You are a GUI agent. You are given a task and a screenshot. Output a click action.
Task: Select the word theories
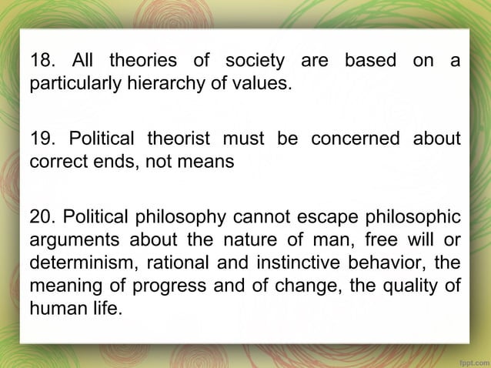point(143,60)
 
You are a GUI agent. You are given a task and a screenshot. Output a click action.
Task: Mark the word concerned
point(355,139)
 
